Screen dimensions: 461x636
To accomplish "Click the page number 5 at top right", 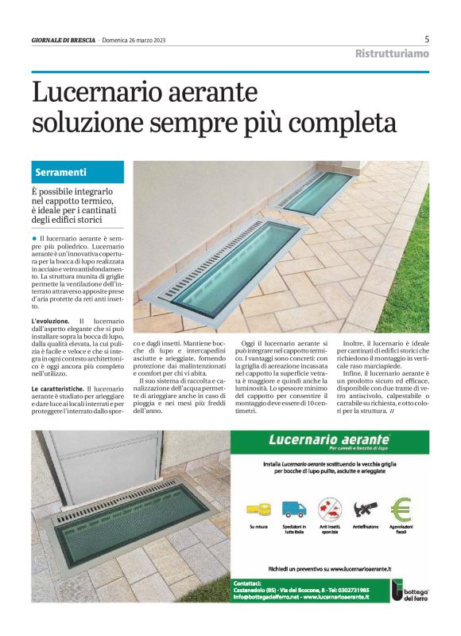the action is tap(427, 39).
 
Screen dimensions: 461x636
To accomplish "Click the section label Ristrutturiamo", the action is tap(392, 53).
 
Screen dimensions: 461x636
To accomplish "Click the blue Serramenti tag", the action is tap(61, 172).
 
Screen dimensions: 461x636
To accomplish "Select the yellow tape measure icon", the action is tap(258, 509).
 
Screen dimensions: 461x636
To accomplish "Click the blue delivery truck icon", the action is tap(292, 509).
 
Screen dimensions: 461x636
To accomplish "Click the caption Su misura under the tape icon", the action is tap(258, 527).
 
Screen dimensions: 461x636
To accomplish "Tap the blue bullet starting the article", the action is tap(35, 239).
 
